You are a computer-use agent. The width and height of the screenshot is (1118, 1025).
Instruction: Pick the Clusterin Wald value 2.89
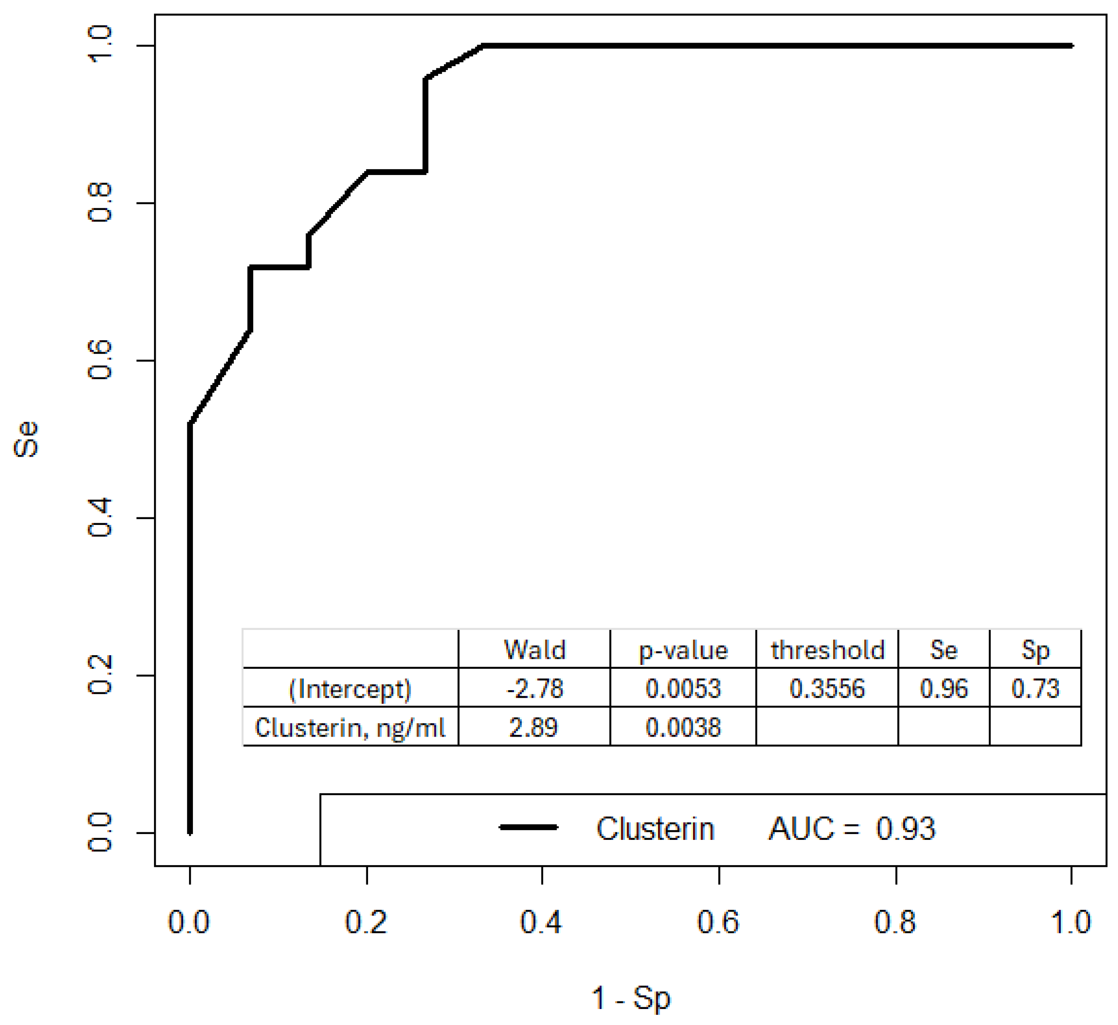coord(533,727)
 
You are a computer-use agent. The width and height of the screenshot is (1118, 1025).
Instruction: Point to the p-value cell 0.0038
coord(683,727)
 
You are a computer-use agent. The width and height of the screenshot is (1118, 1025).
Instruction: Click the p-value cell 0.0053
coord(683,689)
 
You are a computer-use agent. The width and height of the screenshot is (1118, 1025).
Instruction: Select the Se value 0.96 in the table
coord(944,689)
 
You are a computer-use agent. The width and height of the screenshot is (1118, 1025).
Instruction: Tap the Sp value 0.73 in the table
coord(1035,689)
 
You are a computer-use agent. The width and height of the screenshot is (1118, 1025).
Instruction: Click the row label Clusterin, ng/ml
coord(350,727)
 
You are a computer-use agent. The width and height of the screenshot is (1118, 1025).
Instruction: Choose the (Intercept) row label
coord(350,689)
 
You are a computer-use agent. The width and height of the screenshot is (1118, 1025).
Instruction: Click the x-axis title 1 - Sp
coord(631,998)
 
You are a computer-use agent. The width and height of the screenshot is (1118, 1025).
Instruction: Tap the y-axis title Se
coord(26,439)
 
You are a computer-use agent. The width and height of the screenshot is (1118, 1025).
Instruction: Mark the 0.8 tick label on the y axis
coord(100,204)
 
